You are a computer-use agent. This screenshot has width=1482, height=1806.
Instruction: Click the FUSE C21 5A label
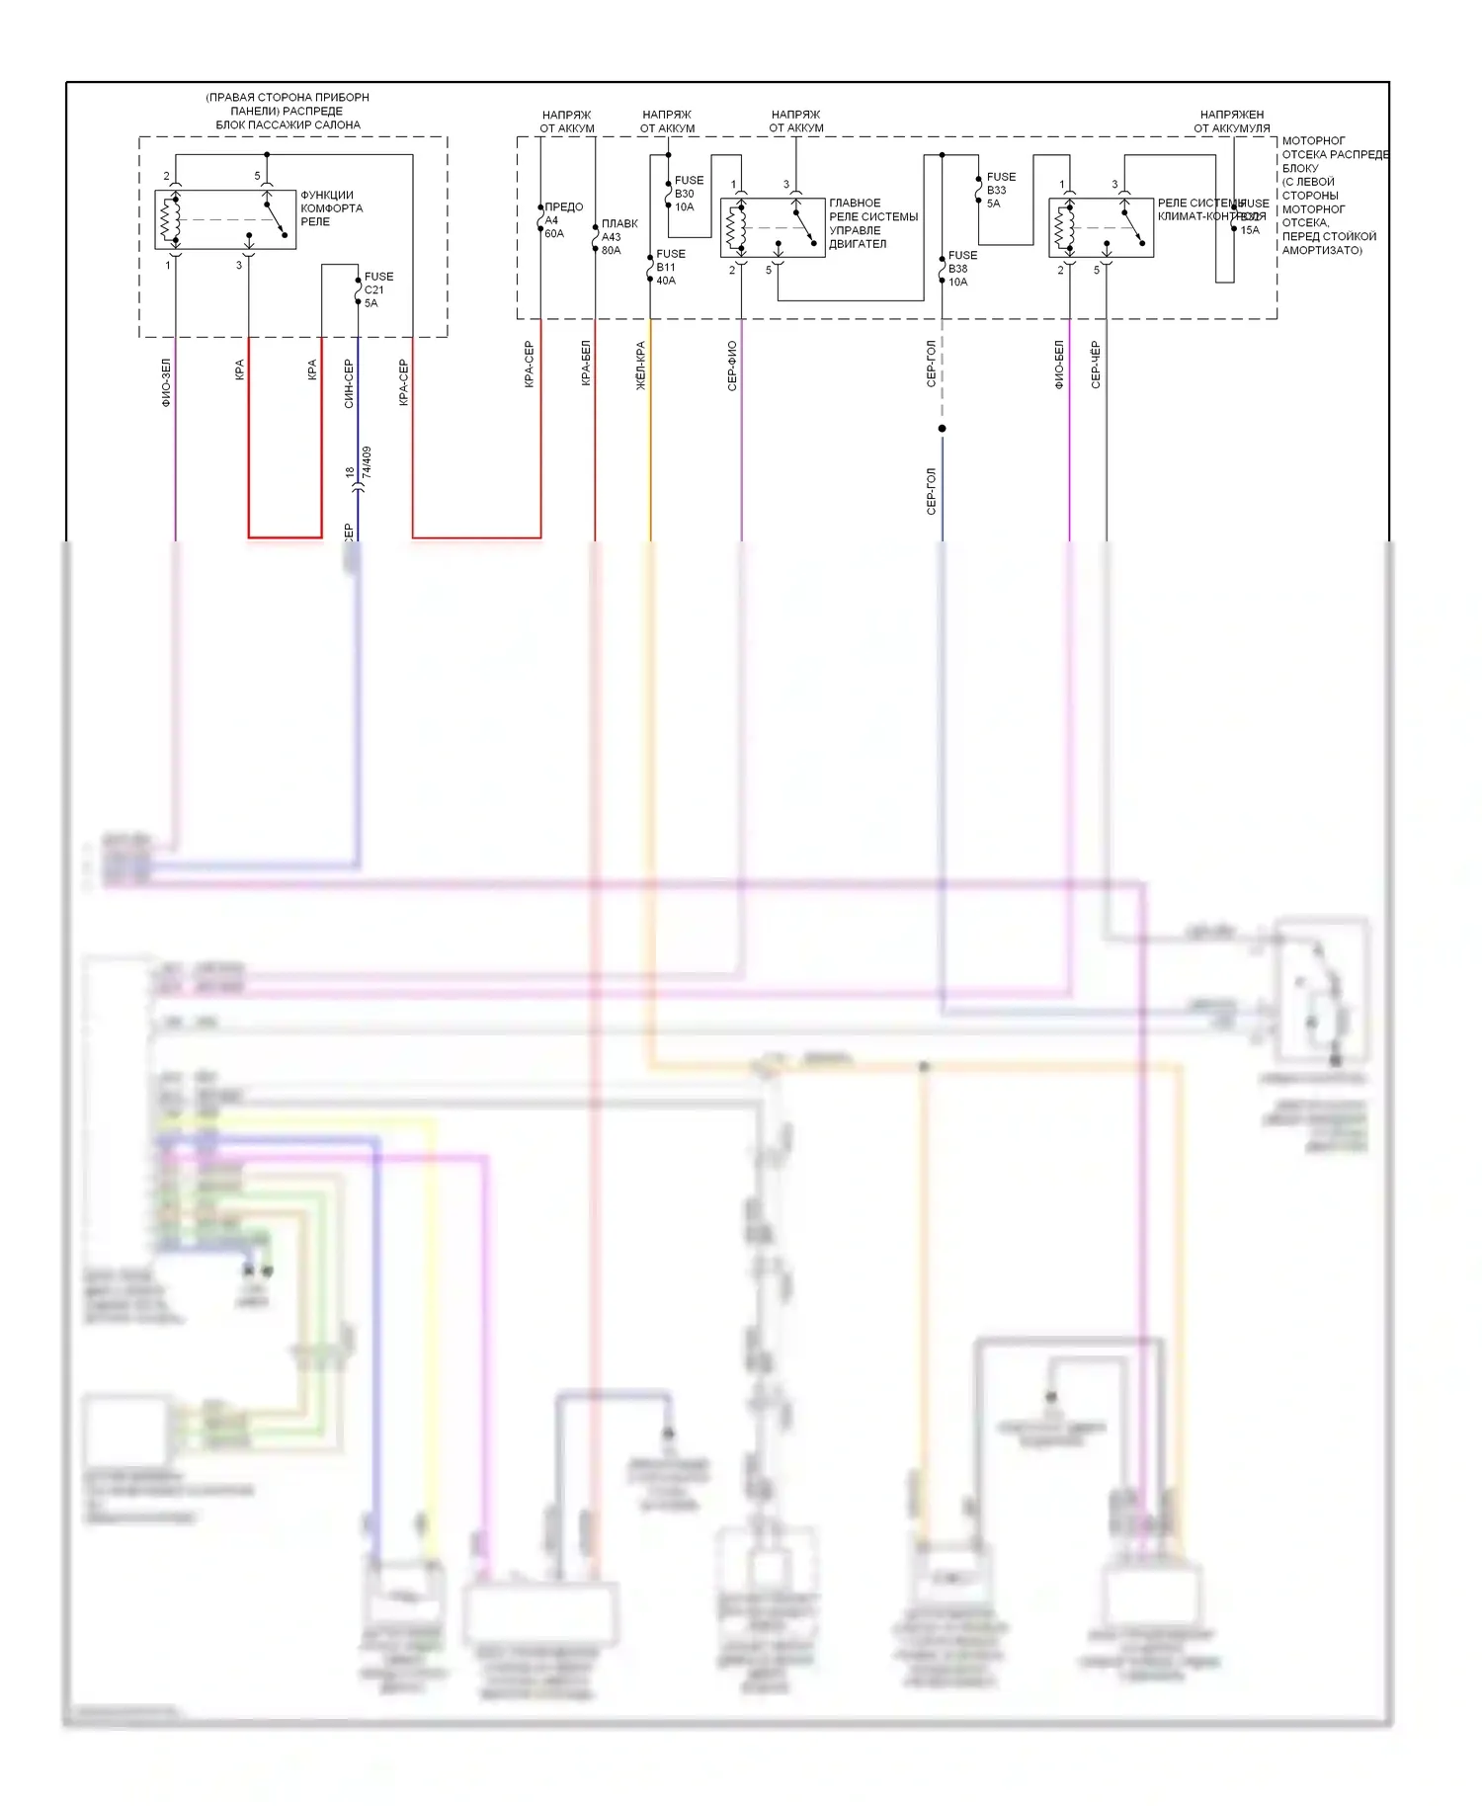click(377, 290)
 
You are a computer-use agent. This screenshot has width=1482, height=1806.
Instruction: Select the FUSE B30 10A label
click(689, 194)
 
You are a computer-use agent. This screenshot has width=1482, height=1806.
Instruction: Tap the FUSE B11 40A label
click(670, 268)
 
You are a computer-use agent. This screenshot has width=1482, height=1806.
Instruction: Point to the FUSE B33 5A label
click(1000, 191)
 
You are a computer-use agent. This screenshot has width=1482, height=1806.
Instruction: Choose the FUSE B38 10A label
click(961, 269)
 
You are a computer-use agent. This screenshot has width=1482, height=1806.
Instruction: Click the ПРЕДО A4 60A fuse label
click(562, 220)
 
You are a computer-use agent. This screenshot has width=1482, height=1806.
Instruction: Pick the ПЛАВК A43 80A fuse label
click(618, 237)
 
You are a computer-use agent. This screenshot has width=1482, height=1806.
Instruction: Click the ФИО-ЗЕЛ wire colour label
click(166, 382)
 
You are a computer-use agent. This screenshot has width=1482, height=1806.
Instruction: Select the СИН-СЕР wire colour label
click(349, 383)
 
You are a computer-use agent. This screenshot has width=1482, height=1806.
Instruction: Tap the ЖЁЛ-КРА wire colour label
click(641, 366)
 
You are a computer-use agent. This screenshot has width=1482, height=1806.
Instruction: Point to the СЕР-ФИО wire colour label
click(732, 366)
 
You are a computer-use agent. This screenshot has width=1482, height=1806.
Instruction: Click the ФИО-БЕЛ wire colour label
click(1059, 365)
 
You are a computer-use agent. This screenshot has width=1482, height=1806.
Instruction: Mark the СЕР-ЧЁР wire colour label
click(1096, 365)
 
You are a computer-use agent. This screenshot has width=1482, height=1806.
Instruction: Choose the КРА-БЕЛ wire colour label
click(586, 363)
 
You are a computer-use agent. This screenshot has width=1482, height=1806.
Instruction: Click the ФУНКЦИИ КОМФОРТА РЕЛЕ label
click(331, 208)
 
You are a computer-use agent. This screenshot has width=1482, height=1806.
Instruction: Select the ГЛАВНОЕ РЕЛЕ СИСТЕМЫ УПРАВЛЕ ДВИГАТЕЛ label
click(872, 223)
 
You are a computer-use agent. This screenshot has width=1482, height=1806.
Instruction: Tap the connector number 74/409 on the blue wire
click(367, 462)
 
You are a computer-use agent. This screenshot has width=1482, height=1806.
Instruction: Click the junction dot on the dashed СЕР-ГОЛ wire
click(942, 429)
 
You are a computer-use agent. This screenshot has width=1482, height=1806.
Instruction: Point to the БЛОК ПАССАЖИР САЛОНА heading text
click(288, 125)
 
